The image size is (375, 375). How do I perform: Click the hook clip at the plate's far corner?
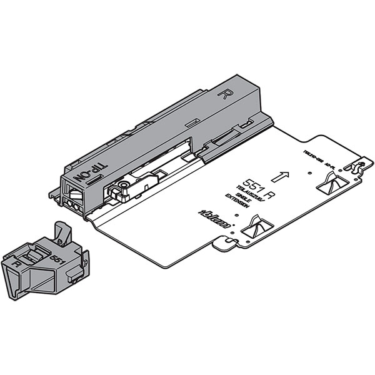357,167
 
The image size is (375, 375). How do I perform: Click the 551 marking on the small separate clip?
57,257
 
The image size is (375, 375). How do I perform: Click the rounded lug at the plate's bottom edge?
224,247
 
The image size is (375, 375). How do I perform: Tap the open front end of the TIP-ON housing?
71,196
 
